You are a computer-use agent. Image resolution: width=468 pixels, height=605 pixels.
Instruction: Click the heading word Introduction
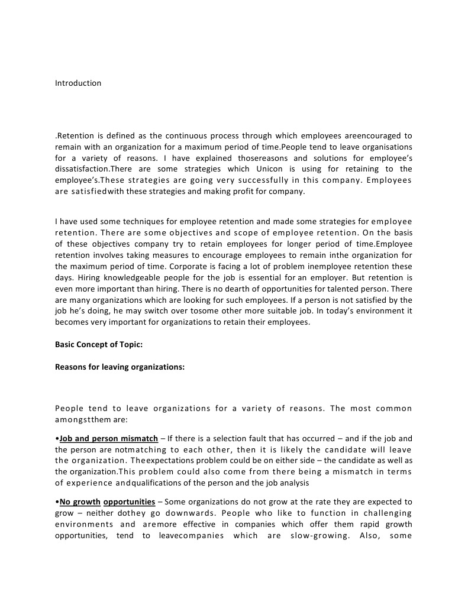(78, 83)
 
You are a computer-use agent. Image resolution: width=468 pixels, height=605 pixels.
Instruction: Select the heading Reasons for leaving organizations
(120, 367)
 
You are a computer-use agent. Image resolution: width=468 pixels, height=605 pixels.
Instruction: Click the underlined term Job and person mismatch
(109, 439)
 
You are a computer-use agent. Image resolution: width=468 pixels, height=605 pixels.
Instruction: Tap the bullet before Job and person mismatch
(57, 439)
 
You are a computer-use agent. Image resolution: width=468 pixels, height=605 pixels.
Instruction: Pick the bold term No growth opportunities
(108, 502)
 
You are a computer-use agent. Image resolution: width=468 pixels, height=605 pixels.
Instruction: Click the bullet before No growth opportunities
(57, 502)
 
